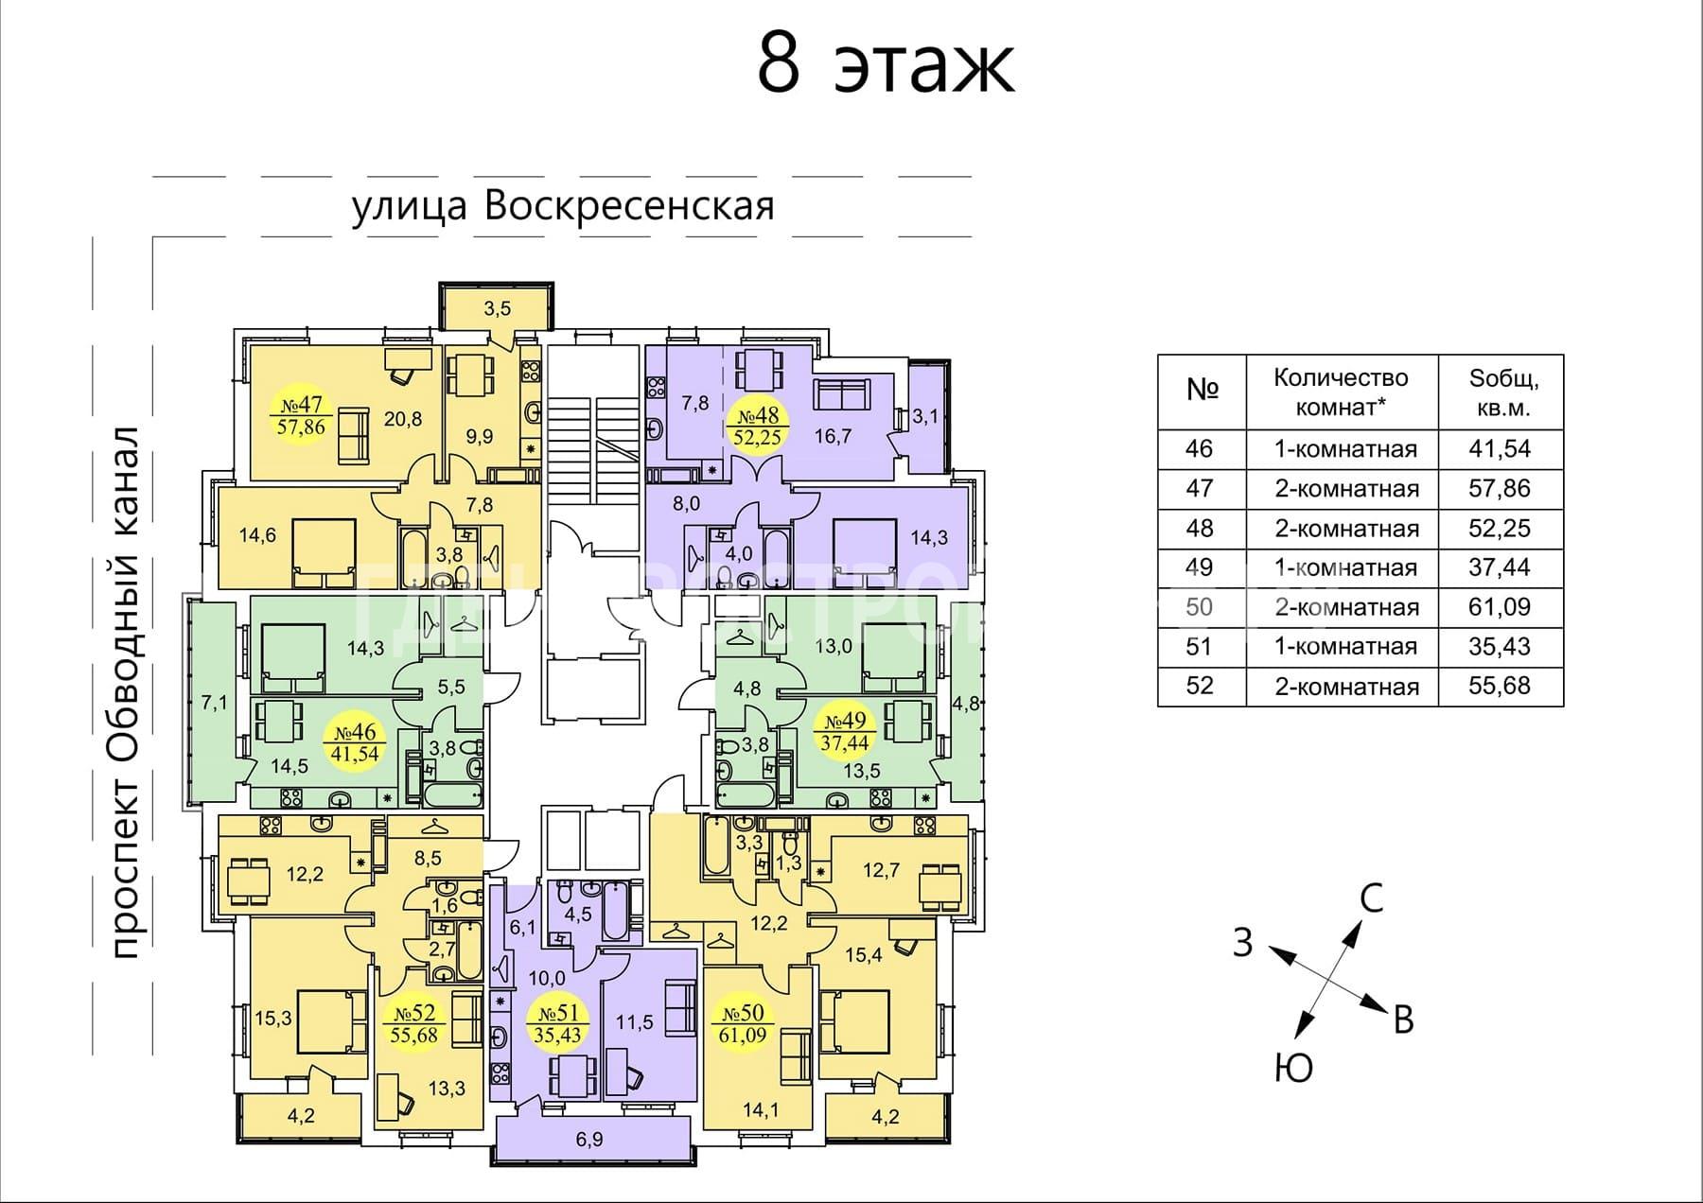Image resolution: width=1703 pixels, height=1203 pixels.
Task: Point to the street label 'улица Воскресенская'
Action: click(563, 206)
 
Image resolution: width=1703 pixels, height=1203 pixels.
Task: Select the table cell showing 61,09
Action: click(1500, 606)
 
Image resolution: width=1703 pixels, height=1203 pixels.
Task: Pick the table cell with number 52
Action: click(1200, 686)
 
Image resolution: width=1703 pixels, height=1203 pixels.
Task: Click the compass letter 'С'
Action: click(1371, 898)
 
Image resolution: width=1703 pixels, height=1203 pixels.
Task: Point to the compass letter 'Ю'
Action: click(1293, 1068)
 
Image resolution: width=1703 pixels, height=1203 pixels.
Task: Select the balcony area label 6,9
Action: click(588, 1140)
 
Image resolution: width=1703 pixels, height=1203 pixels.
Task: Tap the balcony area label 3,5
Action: click(498, 308)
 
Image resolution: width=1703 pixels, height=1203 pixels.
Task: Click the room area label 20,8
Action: click(403, 418)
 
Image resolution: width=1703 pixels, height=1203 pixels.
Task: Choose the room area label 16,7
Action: click(833, 436)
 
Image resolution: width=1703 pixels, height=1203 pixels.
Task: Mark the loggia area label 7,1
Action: click(214, 704)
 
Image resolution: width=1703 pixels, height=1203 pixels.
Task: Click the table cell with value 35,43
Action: click(1500, 646)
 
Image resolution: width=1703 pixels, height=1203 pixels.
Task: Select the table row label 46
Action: click(1200, 448)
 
